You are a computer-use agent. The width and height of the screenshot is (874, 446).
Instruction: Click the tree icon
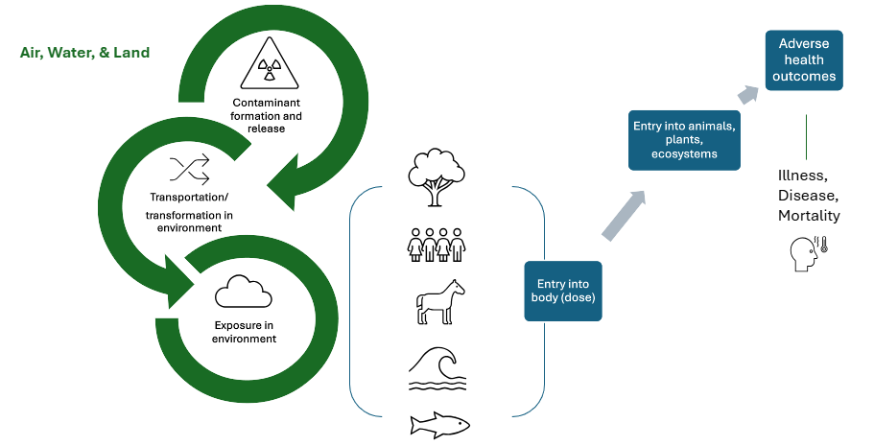pyautogui.click(x=437, y=176)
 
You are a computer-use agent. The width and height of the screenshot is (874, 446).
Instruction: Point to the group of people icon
pyautogui.click(x=437, y=244)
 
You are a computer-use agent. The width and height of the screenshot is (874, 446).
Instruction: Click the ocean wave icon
pyautogui.click(x=437, y=367)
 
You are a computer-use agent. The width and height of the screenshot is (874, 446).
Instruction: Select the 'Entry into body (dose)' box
pyautogui.click(x=563, y=291)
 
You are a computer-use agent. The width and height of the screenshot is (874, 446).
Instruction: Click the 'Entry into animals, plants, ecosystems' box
pyautogui.click(x=684, y=139)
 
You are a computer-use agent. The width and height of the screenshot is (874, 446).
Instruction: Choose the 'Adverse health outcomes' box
pyautogui.click(x=803, y=60)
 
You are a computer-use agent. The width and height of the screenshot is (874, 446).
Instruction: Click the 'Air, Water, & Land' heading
pyautogui.click(x=85, y=53)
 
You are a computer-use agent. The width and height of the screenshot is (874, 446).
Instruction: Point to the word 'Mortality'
pyautogui.click(x=809, y=216)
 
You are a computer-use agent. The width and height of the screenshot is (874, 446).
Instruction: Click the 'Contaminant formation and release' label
pyautogui.click(x=266, y=115)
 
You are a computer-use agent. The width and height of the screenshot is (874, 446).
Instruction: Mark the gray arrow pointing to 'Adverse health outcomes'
pyautogui.click(x=749, y=94)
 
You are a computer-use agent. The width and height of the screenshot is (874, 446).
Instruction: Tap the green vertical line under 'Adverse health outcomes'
pyautogui.click(x=806, y=136)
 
